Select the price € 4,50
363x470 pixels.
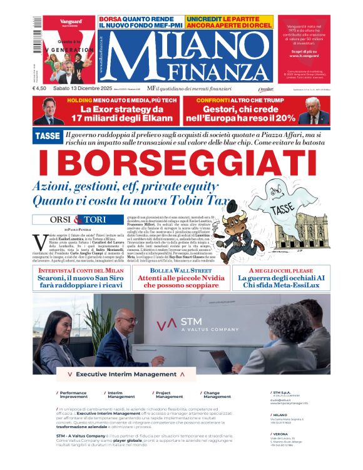(41, 88)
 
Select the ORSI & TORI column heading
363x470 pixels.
(78, 220)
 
